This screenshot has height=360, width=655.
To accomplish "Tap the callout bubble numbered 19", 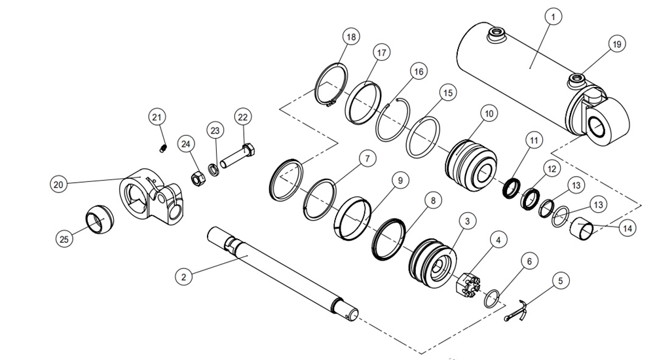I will point(616,45).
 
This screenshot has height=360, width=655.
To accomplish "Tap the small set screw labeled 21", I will point(162,150).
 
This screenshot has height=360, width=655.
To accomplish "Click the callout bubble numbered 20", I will point(60,185).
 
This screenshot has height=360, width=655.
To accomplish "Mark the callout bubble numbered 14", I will point(627,229).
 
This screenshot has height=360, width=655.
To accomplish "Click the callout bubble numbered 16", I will point(419,71).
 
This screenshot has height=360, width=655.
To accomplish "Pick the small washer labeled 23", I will point(214,170).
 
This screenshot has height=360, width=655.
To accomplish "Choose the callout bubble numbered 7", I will point(367,158).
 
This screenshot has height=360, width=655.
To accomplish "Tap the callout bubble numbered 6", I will point(529,261).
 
